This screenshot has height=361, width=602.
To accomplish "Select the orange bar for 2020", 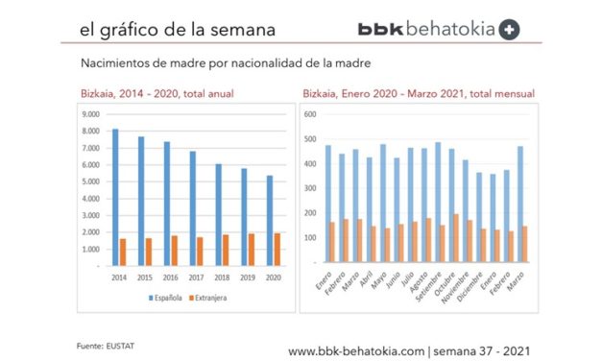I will tap(278, 249).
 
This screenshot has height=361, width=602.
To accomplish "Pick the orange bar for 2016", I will tap(174, 250).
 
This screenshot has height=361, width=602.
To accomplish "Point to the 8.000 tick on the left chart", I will tap(93, 114).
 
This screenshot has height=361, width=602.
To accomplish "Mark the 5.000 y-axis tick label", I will tap(93, 165).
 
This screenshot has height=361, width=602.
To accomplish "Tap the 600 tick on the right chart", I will tap(311, 114).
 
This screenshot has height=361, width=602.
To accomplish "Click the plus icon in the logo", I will tap(510, 29).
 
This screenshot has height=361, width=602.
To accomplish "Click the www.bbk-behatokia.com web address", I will tap(355, 350).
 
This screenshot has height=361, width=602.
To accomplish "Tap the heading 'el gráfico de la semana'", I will tap(178, 29).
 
